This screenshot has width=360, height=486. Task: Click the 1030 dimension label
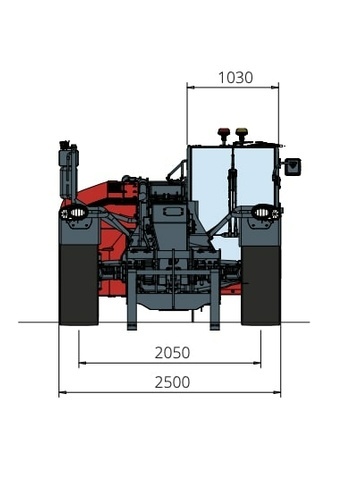[x=235, y=78]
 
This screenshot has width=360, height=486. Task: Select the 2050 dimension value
[x=172, y=353]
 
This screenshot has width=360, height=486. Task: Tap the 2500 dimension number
[x=172, y=382]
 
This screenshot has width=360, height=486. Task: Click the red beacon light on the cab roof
[x=222, y=133]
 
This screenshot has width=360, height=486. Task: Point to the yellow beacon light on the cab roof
[x=240, y=133]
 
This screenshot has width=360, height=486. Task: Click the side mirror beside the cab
[x=292, y=167]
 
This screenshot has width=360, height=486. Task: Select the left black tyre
[x=79, y=285]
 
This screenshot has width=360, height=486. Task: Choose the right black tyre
[x=261, y=285]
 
